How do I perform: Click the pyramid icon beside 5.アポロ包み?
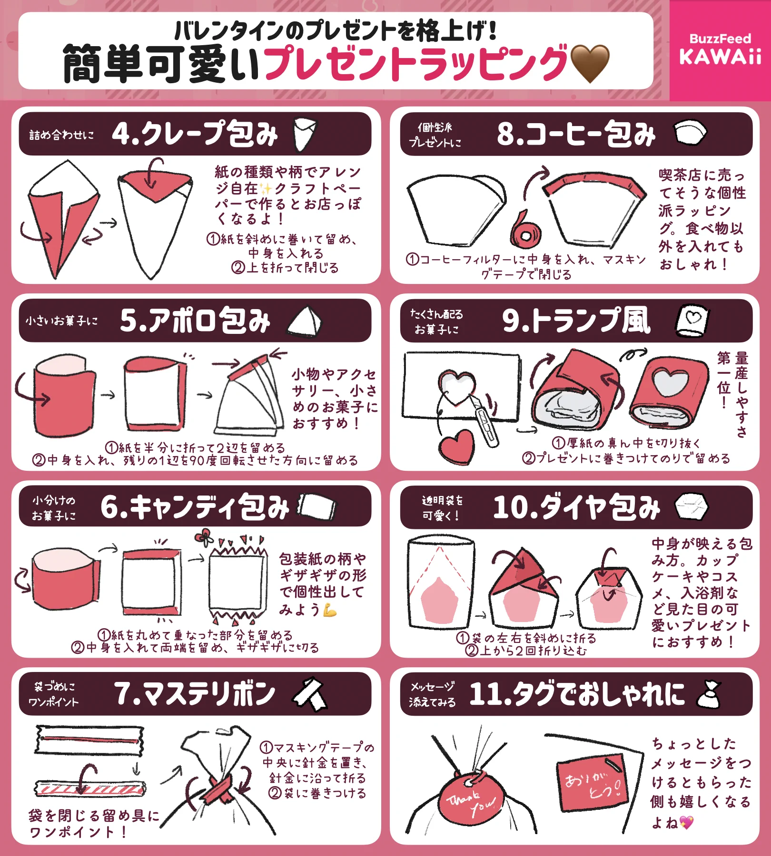305,321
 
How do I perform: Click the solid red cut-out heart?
457,447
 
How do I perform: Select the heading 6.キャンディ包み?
195,507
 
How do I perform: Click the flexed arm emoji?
329,610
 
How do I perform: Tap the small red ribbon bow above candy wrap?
204,537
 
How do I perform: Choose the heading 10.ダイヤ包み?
576,507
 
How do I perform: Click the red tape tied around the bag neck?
220,790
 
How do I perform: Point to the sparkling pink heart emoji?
686,822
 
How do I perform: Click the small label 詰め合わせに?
61,135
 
